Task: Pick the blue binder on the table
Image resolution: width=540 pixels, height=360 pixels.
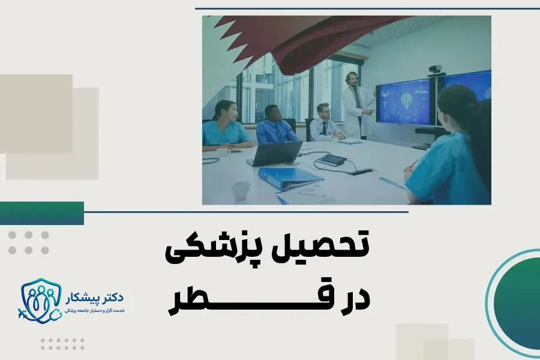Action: (291, 177)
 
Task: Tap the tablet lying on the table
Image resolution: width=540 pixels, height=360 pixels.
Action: (332, 160)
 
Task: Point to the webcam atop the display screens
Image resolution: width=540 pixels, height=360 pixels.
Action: (436, 69)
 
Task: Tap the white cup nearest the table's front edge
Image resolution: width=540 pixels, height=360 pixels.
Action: (241, 191)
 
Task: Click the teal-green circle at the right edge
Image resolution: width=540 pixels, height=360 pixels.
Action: (516, 300)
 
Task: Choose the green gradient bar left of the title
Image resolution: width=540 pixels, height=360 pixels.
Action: (42, 213)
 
